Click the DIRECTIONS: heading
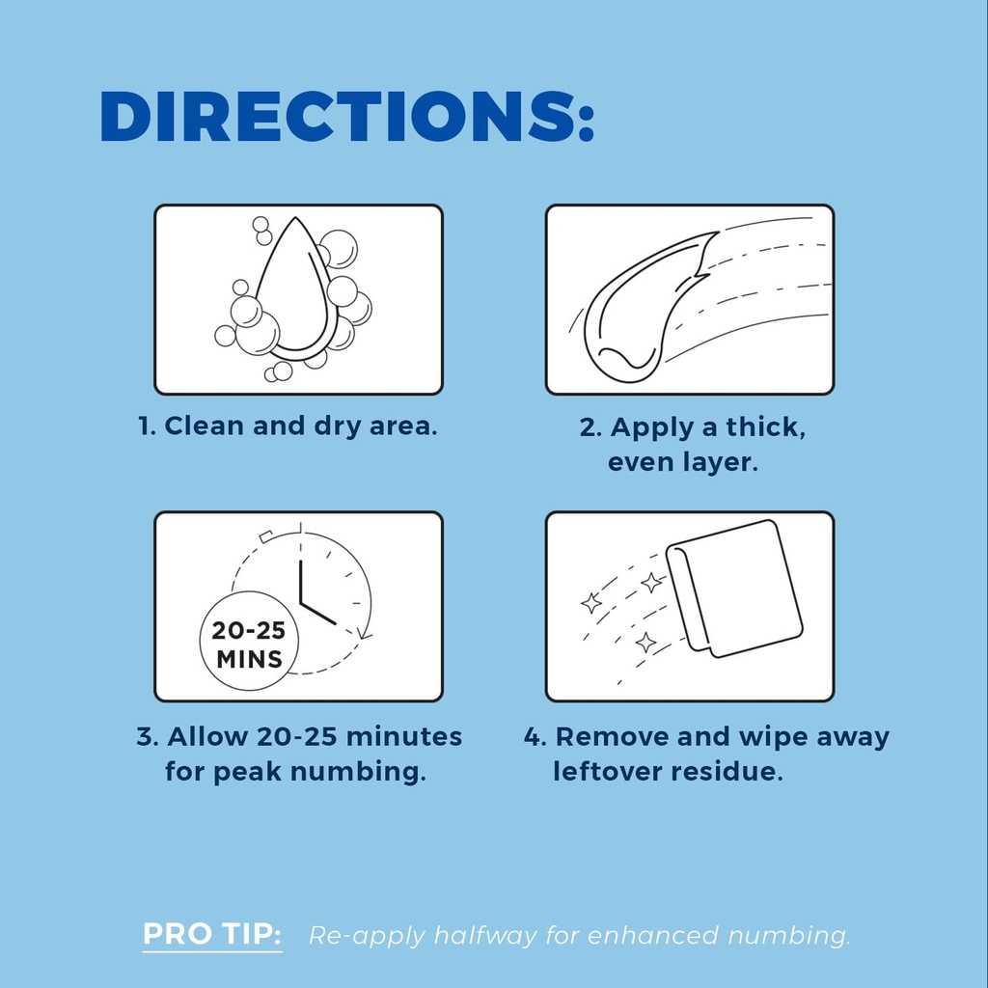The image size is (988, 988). coord(346,117)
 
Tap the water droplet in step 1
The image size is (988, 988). coord(293,289)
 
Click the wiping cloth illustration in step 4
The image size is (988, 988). coord(734,589)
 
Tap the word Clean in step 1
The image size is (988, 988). coord(205,425)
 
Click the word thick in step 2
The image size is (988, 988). coord(765,427)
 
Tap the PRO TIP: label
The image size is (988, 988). coord(212,934)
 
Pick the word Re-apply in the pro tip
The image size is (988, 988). coord(367,937)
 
